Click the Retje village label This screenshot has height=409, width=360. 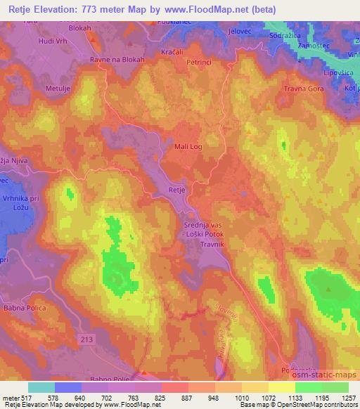[x=176, y=189]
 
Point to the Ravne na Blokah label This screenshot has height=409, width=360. [x=117, y=60]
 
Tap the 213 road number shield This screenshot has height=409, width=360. [x=86, y=339]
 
